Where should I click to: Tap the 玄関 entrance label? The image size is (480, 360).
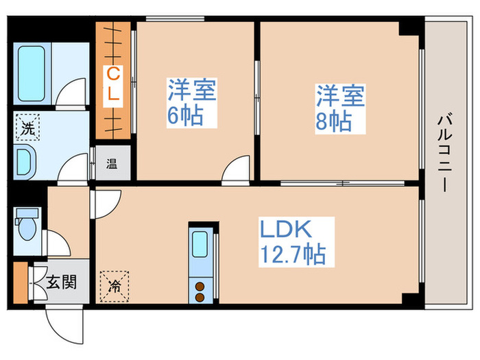pyautogui.click(x=62, y=281)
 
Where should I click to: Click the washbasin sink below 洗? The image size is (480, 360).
pyautogui.click(x=25, y=163)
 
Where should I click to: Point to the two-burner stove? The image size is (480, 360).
pyautogui.click(x=201, y=291)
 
